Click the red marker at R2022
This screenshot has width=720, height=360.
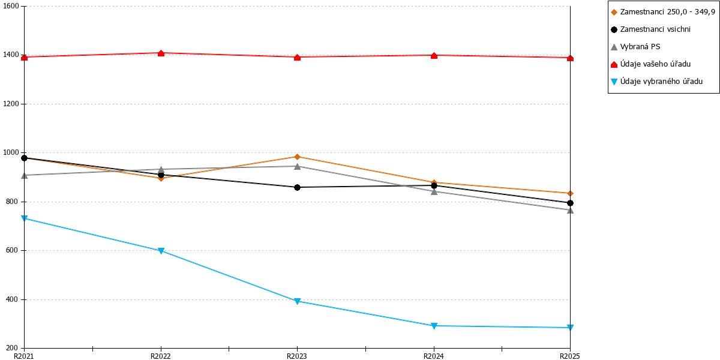pos(161,53)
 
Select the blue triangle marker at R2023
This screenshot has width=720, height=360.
pos(298,301)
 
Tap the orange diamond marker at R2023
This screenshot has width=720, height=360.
pos(298,157)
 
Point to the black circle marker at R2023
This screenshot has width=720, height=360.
pos(298,187)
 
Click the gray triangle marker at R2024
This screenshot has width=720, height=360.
pos(434,191)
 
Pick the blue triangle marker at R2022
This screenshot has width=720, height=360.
pos(161,251)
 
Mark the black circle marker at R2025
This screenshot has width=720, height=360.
pos(570,203)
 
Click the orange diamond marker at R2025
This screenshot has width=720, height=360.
pos(570,193)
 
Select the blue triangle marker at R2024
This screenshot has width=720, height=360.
pos(434,326)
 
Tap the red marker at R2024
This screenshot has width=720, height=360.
pos(434,56)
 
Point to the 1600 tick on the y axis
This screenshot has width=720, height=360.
pos(22,6)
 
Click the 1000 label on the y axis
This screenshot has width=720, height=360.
pos(11,152)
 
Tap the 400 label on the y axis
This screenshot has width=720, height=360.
pos(13,299)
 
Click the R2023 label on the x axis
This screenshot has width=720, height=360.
pos(297,356)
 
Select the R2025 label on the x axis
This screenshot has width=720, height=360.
pos(570,356)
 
